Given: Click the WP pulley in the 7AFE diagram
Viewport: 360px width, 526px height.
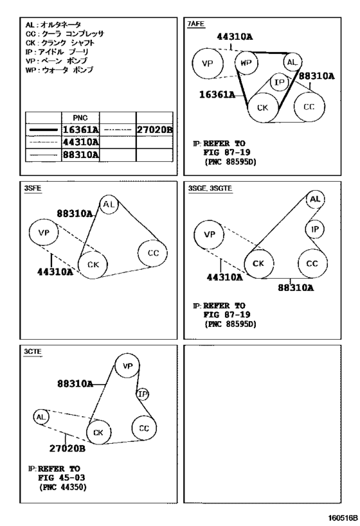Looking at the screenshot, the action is [246, 63].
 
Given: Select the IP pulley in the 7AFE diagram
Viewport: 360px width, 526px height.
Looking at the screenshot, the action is [280, 82].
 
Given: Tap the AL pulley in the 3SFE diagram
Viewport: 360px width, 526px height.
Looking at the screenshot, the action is [109, 204].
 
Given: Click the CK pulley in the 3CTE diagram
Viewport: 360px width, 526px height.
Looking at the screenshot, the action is [99, 432].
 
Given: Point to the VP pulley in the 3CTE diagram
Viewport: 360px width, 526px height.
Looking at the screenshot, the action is [127, 365].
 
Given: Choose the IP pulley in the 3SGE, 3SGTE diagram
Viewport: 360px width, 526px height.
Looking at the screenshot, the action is [314, 229].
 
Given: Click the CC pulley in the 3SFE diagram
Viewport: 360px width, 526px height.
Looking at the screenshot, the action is [153, 253].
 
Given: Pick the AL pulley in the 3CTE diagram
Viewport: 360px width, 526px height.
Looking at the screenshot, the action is [41, 417].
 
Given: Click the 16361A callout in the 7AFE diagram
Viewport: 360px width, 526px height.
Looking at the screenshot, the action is [217, 95].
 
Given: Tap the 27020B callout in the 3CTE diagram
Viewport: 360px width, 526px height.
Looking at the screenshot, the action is [67, 448].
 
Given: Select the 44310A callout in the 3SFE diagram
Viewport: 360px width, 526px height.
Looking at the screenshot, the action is [55, 272].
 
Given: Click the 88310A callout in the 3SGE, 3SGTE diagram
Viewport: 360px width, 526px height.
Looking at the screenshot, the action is [296, 288].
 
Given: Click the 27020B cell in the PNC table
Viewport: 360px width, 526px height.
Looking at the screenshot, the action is [154, 130].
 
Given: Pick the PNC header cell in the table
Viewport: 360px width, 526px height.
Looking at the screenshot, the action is [80, 118].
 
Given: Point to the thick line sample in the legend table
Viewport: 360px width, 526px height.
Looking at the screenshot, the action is [44, 130].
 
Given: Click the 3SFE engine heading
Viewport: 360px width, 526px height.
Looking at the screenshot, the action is [33, 188].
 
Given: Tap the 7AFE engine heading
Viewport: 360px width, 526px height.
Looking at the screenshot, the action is [196, 24].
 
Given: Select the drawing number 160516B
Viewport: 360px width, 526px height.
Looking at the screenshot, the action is [341, 517].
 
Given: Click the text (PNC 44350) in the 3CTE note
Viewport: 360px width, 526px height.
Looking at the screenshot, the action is [63, 487].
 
